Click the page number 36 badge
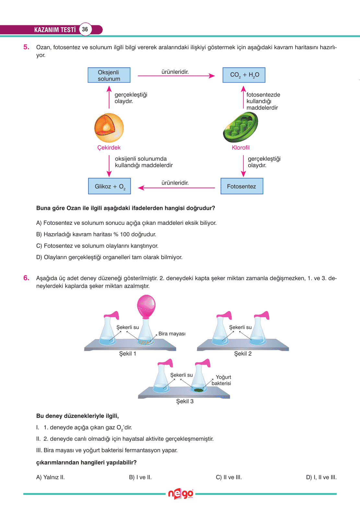pyautogui.click(x=85, y=29)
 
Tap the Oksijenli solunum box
pyautogui.click(x=109, y=75)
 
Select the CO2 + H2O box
pyautogui.click(x=244, y=75)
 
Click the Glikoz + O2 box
pyautogui.click(x=110, y=186)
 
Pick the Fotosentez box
pyautogui.click(x=242, y=186)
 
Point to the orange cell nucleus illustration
pyautogui.click(x=109, y=128)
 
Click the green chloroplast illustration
pyautogui.click(x=240, y=127)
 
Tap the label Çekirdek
pyautogui.click(x=109, y=148)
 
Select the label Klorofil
pyautogui.click(x=240, y=148)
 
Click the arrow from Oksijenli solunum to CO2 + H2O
pyautogui.click(x=176, y=76)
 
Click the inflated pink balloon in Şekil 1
pyautogui.click(x=146, y=305)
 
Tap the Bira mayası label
pyautogui.click(x=172, y=334)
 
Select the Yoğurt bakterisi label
pyautogui.click(x=222, y=380)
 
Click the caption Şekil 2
pyautogui.click(x=243, y=354)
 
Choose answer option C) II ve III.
pyautogui.click(x=229, y=477)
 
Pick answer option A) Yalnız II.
pyautogui.click(x=51, y=477)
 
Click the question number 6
pyautogui.click(x=26, y=278)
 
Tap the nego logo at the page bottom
pyautogui.click(x=180, y=494)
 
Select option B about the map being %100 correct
pyautogui.click(x=96, y=234)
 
